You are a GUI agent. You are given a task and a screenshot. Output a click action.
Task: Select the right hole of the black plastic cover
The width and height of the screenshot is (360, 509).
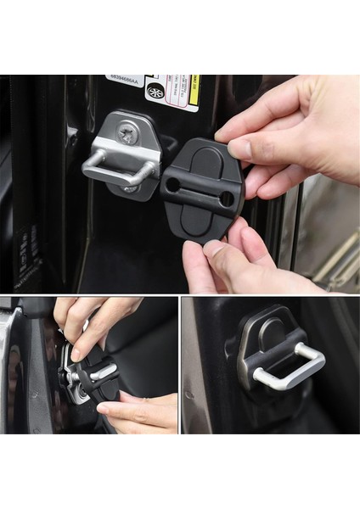226,199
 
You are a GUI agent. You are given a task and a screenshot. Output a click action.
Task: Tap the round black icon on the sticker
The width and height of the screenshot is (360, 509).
155,91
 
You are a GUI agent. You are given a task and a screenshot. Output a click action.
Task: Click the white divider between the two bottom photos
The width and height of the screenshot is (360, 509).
179,365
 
